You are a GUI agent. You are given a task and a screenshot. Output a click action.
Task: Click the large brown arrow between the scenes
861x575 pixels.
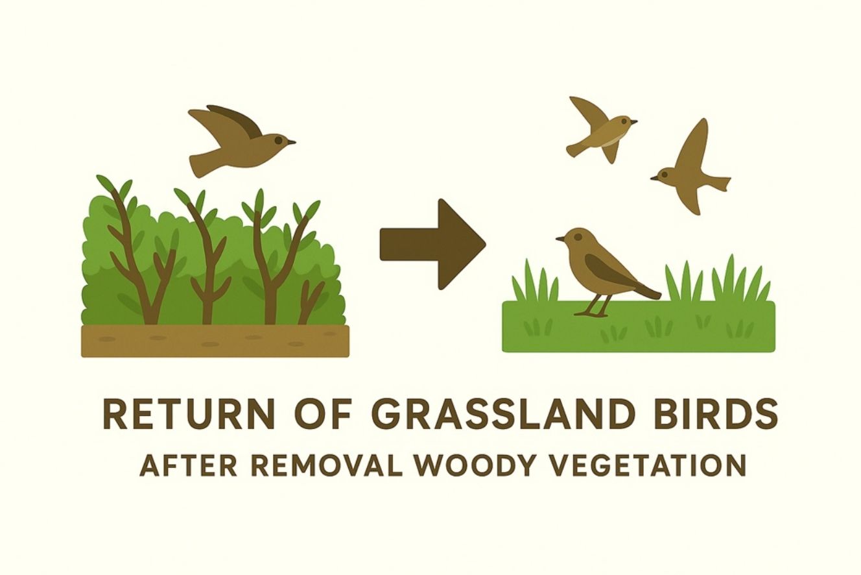point(433,245)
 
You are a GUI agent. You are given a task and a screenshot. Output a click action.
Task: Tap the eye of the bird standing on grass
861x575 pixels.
point(577,237)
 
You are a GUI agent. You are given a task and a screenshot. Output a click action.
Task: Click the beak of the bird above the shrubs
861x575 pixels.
point(291,142)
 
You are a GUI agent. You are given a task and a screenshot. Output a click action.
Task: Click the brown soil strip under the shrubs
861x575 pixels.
point(215,341)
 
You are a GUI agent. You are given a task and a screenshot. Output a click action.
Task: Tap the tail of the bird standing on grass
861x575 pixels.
point(646,291)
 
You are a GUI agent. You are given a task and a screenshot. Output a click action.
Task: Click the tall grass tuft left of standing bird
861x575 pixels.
point(534,281)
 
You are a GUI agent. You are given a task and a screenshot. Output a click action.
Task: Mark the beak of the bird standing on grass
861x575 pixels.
point(560,239)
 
